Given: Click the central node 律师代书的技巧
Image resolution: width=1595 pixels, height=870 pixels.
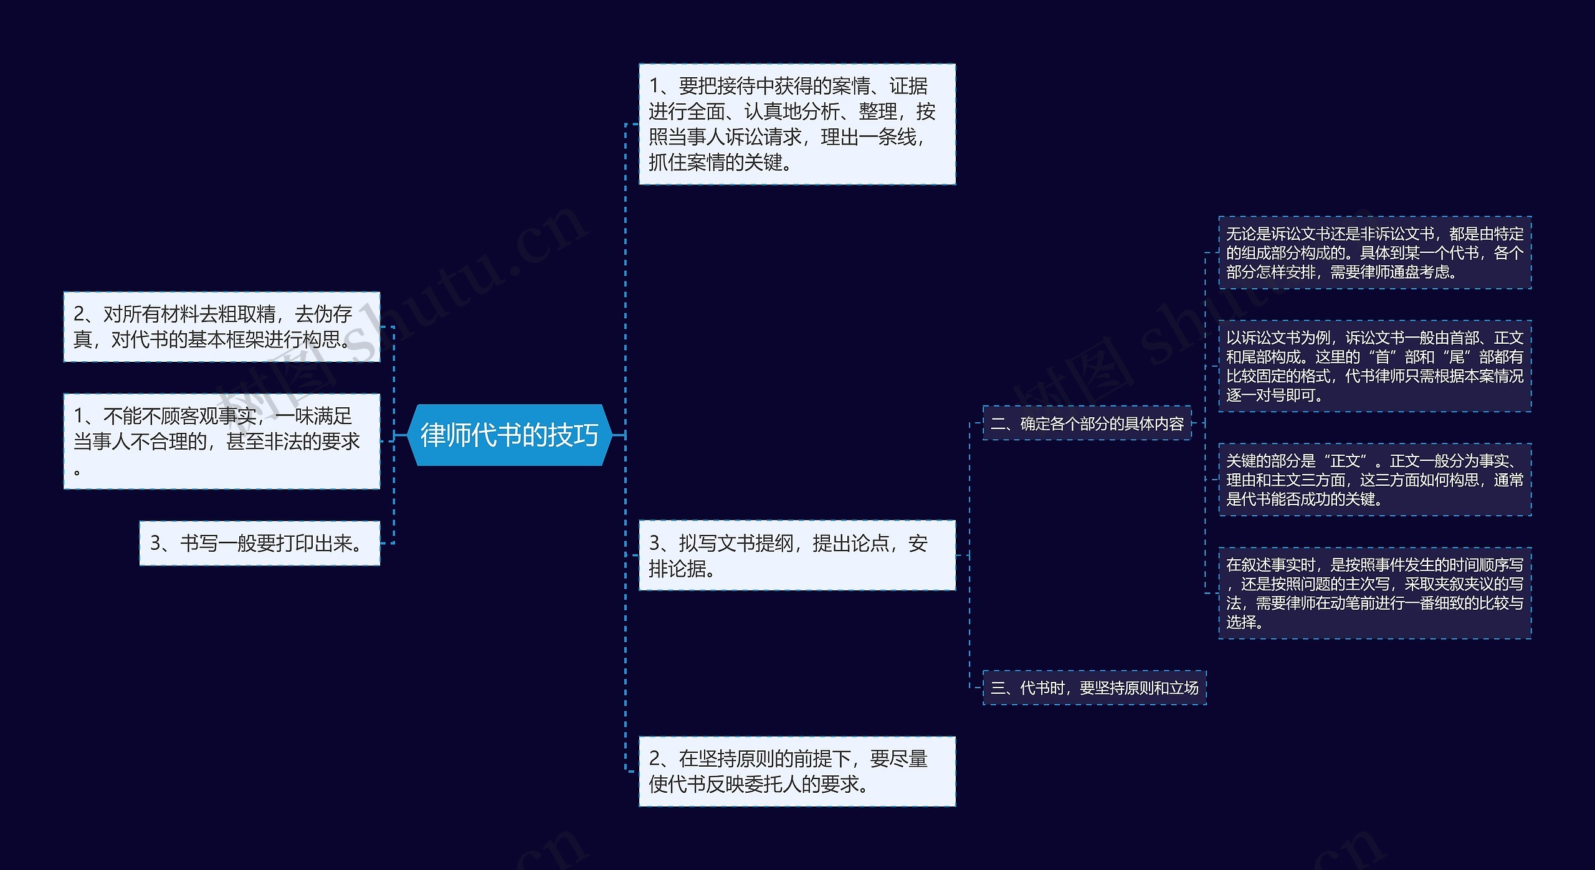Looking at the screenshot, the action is [x=509, y=435].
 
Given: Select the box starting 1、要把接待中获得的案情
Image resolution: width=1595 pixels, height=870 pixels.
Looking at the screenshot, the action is [x=797, y=124].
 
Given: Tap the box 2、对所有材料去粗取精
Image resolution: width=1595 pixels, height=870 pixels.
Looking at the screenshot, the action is [x=222, y=326].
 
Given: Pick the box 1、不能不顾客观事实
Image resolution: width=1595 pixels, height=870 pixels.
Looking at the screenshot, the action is [x=222, y=441].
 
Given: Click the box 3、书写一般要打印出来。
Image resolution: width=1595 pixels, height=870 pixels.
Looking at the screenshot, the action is [x=259, y=543].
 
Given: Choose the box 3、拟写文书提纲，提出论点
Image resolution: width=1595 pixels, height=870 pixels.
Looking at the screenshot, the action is [x=797, y=555].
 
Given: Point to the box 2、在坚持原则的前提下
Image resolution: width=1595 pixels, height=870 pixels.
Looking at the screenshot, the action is [x=797, y=771].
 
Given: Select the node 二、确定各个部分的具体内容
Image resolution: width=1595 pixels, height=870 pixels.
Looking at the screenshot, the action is [x=1087, y=423].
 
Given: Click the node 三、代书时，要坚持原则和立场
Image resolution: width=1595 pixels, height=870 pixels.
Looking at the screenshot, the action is [x=1094, y=688].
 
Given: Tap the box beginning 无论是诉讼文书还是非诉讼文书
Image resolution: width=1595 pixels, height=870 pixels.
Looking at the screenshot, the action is [x=1374, y=253].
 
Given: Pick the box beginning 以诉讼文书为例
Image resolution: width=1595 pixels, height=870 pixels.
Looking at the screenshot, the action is [x=1374, y=366].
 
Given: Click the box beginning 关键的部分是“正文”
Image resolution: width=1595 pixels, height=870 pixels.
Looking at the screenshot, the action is [x=1374, y=480].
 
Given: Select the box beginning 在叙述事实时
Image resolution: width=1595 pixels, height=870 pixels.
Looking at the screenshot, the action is [x=1374, y=593].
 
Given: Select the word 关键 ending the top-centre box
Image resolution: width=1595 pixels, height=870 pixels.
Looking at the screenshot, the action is [x=763, y=163].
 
